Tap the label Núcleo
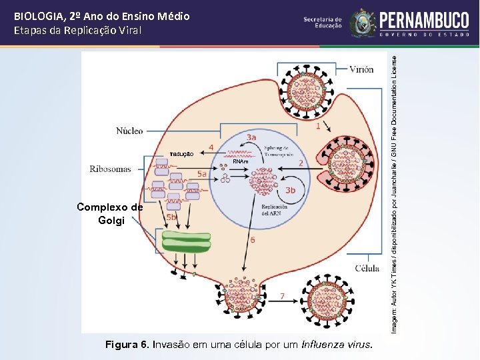click(x=130, y=131)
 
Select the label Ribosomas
click(x=111, y=169)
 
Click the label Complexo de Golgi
click(x=110, y=213)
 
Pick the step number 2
click(x=301, y=163)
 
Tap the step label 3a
click(x=251, y=137)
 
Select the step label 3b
click(x=291, y=190)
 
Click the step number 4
click(x=211, y=147)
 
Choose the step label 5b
click(x=172, y=217)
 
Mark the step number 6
click(x=251, y=239)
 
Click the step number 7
click(x=283, y=295)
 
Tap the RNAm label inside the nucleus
click(x=239, y=162)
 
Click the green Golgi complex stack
click(x=186, y=241)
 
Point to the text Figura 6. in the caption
click(x=128, y=345)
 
